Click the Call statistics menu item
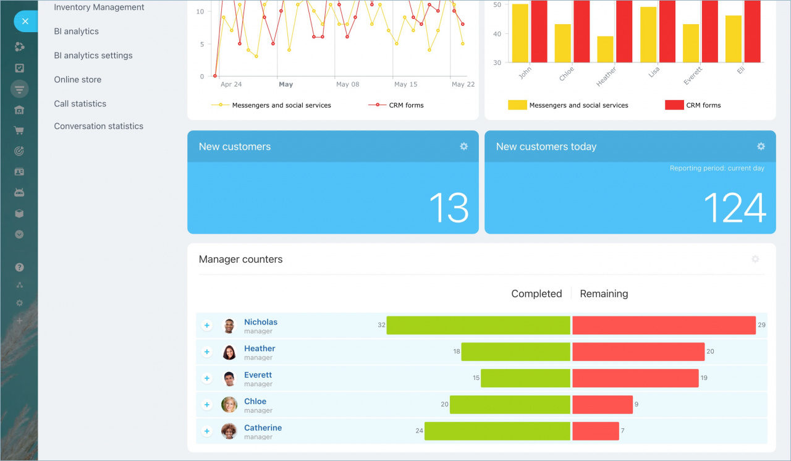pos(80,104)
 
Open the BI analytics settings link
pos(93,56)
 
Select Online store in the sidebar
pos(77,80)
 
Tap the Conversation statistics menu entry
pos(98,126)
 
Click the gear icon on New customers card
pos(463,146)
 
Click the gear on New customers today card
pos(761,146)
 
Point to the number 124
pos(734,208)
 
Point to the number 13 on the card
pos(449,208)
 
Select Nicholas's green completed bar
pos(478,325)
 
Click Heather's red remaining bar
pos(638,352)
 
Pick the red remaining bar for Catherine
pos(595,431)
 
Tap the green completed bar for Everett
pos(525,378)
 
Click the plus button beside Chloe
pos(207,405)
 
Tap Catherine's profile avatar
pos(229,431)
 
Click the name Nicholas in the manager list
pos(260,322)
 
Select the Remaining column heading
pos(604,294)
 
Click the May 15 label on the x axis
pos(405,85)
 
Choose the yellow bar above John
pos(520,33)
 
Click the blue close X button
pos(25,22)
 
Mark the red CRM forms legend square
pos(674,105)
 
